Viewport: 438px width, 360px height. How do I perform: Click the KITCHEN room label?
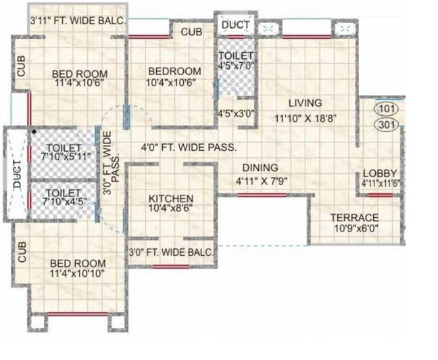click(x=171, y=198)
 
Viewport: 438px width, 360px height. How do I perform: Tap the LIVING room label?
click(x=305, y=104)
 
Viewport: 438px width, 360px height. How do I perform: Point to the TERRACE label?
click(x=354, y=217)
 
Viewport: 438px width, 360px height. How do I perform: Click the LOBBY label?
click(x=379, y=173)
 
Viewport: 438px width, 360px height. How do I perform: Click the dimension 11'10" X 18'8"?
click(x=305, y=117)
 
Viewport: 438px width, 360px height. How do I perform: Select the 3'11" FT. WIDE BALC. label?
click(x=78, y=21)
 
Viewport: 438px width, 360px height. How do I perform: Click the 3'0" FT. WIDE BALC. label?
click(x=172, y=252)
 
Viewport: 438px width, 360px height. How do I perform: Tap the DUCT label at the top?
click(x=236, y=25)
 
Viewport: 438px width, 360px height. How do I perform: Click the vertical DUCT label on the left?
click(x=17, y=174)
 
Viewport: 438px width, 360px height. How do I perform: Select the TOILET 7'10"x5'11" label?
click(x=65, y=152)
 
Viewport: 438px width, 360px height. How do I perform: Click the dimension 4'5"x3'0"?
click(x=235, y=114)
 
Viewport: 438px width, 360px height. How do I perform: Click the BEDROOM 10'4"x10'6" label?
click(x=174, y=77)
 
